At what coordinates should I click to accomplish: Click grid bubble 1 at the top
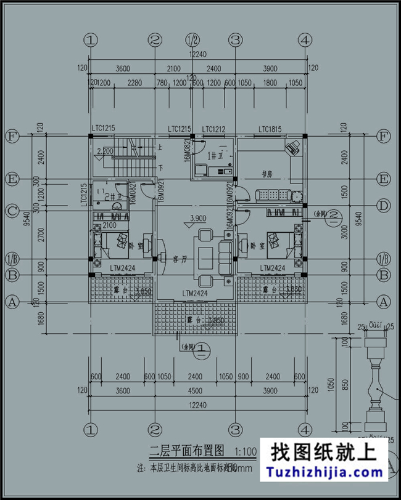91,41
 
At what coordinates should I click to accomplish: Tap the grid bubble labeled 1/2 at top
192,41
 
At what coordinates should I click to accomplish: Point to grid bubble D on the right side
384,205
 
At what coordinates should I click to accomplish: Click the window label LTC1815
270,129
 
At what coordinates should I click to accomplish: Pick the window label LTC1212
213,129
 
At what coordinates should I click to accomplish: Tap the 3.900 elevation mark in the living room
198,219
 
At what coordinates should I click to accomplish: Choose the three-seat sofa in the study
271,195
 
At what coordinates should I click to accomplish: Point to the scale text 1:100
246,451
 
